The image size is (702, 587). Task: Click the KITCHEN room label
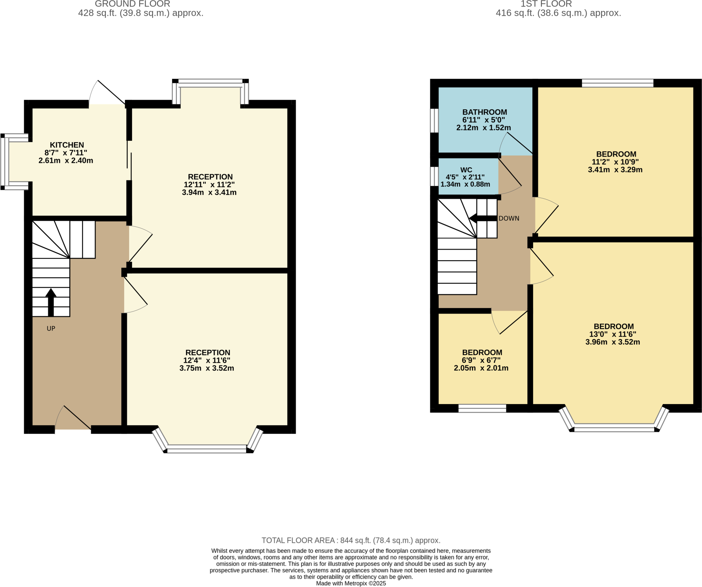coord(67,145)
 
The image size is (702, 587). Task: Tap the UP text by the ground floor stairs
coord(51,328)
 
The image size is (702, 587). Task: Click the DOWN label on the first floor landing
coord(509,218)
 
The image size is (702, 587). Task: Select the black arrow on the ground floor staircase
coord(51,302)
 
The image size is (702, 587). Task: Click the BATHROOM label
coord(484,112)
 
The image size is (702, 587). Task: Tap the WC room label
coord(466,170)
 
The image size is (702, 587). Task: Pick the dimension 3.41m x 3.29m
coord(615,170)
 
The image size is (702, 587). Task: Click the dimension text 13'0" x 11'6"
coord(613,334)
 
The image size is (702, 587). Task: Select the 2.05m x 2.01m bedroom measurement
coord(481,368)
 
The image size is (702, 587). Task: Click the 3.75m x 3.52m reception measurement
coord(207,369)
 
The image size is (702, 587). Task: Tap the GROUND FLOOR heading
coord(132,4)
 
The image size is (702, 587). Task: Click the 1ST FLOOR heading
coord(546,4)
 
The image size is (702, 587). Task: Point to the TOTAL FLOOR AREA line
coord(351,540)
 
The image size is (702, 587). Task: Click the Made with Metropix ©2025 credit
coord(351,583)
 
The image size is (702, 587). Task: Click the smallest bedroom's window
coord(482,408)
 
